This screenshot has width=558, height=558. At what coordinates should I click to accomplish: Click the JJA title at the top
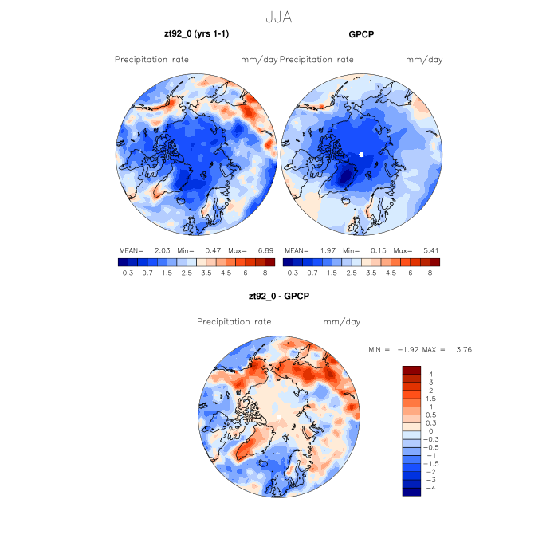pos(279,15)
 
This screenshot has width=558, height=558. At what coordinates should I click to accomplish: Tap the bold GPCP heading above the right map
pos(361,34)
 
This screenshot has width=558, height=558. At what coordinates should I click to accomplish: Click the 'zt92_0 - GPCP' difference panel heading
pos(279,296)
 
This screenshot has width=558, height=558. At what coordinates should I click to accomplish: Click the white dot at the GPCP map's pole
pos(361,154)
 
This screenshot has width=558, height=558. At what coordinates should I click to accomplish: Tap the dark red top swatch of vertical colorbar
pos(411,370)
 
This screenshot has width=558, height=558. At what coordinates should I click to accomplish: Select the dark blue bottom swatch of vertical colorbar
pos(411,491)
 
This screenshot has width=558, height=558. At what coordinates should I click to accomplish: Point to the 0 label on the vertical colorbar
pos(431,431)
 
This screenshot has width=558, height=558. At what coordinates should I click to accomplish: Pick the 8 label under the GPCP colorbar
pos(429,273)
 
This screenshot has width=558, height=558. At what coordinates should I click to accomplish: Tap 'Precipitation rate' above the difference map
pos(234,322)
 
